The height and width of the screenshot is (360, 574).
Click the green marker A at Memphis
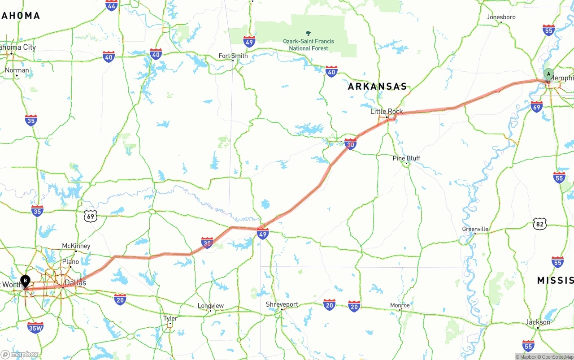(548, 74)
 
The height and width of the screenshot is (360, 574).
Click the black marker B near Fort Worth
(26, 281)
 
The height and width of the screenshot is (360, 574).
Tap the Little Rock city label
(387, 111)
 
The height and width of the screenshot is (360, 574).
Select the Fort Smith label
(233, 56)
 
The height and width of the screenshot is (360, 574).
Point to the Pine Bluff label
(406, 158)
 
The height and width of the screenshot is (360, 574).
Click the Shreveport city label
(282, 304)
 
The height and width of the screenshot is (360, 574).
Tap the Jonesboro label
(501, 17)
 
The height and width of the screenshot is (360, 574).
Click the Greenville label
(475, 229)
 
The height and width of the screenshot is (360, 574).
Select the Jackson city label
(538, 322)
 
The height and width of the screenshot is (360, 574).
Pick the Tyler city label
(170, 318)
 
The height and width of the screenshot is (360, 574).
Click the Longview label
(211, 306)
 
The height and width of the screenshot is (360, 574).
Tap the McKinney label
(76, 246)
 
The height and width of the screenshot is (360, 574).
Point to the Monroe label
(400, 305)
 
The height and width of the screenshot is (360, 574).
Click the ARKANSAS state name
(378, 87)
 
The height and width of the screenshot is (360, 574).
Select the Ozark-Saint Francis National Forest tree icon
(308, 33)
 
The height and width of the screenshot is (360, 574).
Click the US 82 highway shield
(540, 224)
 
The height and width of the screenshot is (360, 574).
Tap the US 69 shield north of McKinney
(91, 217)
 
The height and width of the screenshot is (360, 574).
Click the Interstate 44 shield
(112, 5)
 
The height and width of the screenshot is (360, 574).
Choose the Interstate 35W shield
(35, 328)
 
